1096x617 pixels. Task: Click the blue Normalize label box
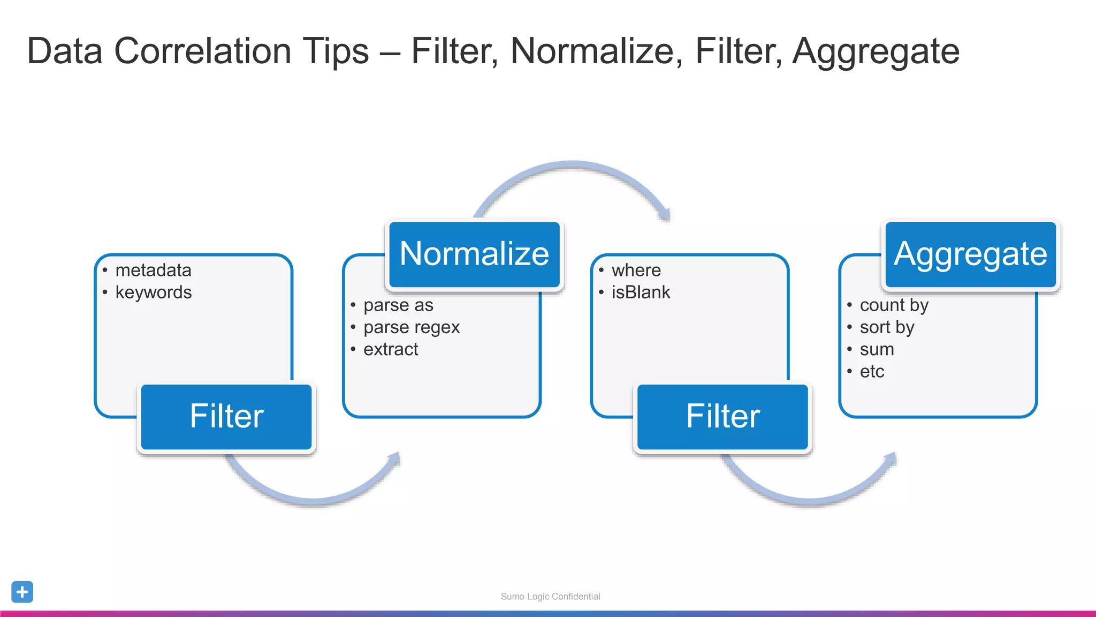coord(474,254)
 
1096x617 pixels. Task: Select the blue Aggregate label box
coord(970,254)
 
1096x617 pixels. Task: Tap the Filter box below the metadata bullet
coord(226,417)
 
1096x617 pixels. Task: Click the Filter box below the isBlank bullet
coord(722,417)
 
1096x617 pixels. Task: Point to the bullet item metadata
coord(153,270)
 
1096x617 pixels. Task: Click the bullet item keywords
coord(153,292)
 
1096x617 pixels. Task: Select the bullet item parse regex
coord(411,327)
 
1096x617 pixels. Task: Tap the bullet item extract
coord(391,349)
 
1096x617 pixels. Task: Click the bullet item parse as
coord(398,305)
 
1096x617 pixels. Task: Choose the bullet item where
coord(636,270)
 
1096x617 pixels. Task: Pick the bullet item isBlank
coord(641,292)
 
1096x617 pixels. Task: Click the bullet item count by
coord(894,305)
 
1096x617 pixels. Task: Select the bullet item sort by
coord(887,327)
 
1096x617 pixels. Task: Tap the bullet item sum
coord(877,349)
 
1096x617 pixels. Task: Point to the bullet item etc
coord(872,371)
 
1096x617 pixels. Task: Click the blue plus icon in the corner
coord(22,592)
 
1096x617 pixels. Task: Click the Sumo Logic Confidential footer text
coord(550,596)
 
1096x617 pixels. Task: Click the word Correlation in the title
coord(241,51)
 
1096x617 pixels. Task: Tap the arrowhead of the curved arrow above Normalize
coord(665,214)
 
